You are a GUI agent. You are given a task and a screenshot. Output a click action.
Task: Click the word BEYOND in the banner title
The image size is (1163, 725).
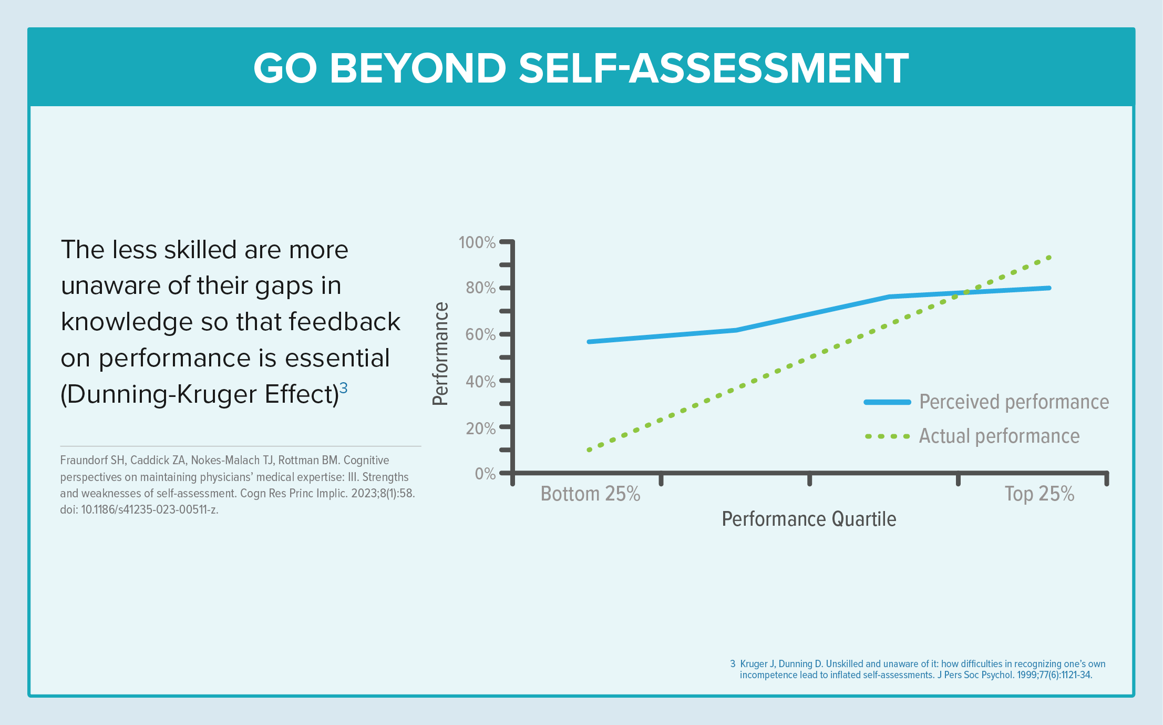coord(418,68)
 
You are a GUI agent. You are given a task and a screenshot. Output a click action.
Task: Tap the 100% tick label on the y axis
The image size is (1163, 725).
coord(477,242)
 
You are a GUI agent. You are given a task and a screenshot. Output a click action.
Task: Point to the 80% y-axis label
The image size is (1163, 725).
coord(480,288)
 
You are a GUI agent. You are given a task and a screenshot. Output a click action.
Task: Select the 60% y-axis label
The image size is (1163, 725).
coord(480,334)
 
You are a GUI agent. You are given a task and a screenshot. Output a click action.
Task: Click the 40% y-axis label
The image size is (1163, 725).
coord(480,381)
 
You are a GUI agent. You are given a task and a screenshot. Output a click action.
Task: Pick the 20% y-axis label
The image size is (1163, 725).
coord(480,428)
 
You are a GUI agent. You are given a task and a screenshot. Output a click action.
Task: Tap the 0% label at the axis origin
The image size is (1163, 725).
coord(485,474)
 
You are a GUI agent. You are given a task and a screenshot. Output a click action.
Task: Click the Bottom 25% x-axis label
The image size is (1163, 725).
coord(590,494)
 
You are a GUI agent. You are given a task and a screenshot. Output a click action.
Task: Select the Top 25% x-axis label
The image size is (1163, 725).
coord(1039,494)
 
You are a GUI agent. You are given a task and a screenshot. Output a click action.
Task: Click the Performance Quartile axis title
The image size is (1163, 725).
coord(809,519)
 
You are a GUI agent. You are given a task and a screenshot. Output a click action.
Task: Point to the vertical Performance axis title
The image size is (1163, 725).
coord(440,354)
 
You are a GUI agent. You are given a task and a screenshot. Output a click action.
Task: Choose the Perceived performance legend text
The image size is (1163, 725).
coord(1014,402)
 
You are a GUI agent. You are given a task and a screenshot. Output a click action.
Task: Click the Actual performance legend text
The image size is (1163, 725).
coord(999,436)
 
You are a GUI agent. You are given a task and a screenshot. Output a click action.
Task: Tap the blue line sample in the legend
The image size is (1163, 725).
coord(887,402)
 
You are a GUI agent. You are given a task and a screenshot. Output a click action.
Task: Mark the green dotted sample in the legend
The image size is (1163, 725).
coord(887,436)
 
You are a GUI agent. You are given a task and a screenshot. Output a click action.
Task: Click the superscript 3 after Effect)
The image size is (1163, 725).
coord(343,388)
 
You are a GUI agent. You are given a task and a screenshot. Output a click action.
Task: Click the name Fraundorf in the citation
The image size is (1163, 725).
coord(85,461)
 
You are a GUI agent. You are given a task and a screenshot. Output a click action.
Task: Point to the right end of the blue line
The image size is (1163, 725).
coord(1048,288)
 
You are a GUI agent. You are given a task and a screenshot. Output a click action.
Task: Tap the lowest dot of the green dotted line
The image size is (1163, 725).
coord(589,450)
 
